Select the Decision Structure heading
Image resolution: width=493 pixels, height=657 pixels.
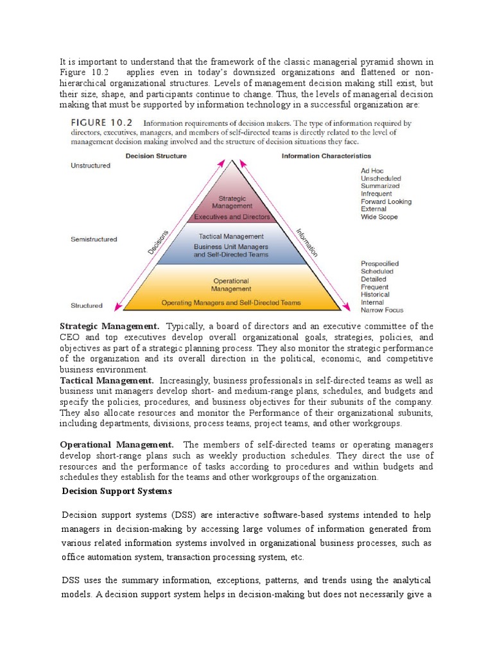pos(156,156)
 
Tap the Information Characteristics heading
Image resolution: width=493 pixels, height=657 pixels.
pos(326,156)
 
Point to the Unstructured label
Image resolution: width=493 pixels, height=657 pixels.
pos(90,166)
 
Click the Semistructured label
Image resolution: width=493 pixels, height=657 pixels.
pos(94,239)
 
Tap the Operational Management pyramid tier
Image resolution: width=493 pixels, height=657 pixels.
pos(231,289)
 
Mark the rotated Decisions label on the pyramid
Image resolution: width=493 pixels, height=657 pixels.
pos(158,242)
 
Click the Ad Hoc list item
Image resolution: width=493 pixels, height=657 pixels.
pos(373,171)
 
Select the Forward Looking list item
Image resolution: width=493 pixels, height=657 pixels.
pos(386,201)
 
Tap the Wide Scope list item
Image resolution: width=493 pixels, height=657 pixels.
pos(379,217)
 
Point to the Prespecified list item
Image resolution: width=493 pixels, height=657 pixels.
pos(379,264)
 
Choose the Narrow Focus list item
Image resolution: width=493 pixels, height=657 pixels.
pos(382,310)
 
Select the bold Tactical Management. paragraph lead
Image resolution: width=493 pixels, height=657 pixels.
pos(107,380)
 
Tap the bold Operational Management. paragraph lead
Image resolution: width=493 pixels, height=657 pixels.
pos(116,445)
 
